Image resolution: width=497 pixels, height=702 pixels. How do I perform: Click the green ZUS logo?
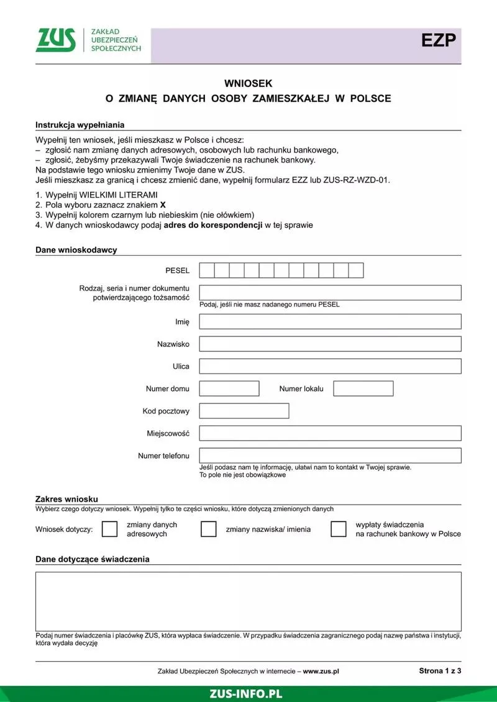pyautogui.click(x=56, y=40)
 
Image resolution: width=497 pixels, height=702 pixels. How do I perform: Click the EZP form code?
pyautogui.click(x=439, y=41)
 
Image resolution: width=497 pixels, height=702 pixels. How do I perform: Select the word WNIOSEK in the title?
pyautogui.click(x=248, y=83)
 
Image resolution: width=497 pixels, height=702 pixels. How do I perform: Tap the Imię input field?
pyautogui.click(x=330, y=322)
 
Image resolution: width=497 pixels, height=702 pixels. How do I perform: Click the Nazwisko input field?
pyautogui.click(x=330, y=344)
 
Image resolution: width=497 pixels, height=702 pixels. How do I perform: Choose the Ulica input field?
pyautogui.click(x=330, y=366)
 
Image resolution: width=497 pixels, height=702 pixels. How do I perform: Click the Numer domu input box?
pyautogui.click(x=229, y=389)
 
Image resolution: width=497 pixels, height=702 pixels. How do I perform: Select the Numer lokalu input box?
pyautogui.click(x=363, y=389)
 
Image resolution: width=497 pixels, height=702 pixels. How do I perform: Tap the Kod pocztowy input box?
pyautogui.click(x=244, y=411)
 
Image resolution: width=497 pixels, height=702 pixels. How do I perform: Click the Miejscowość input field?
pyautogui.click(x=330, y=433)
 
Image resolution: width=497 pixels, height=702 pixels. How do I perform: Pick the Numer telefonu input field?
pyautogui.click(x=330, y=456)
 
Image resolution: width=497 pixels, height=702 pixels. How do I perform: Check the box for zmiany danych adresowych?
pyautogui.click(x=109, y=529)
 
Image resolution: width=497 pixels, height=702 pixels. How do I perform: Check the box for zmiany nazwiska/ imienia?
pyautogui.click(x=209, y=529)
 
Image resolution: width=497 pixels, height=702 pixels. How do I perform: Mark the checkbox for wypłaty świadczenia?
pyautogui.click(x=339, y=529)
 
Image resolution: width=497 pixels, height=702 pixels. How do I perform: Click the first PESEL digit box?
pyautogui.click(x=207, y=271)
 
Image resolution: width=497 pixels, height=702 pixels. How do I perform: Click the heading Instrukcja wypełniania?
pyautogui.click(x=80, y=125)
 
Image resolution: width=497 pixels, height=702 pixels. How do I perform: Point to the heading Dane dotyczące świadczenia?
pyautogui.click(x=92, y=559)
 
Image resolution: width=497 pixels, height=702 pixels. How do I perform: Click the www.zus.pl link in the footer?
pyautogui.click(x=321, y=671)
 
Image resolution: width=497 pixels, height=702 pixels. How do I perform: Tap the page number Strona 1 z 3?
pyautogui.click(x=440, y=670)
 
